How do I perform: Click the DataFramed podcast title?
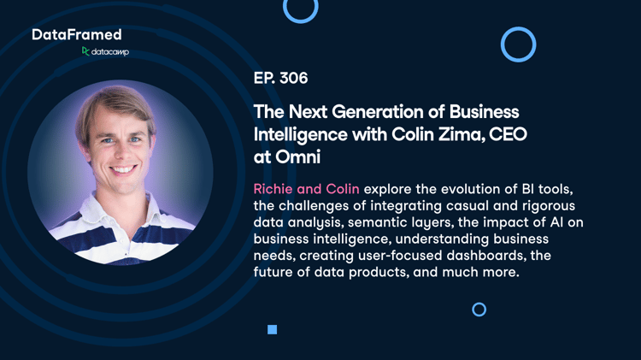tap(77, 35)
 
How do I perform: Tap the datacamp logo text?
tap(110, 52)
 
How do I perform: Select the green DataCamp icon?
tap(85, 51)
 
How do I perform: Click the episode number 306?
tap(293, 78)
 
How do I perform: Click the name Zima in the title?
tap(462, 134)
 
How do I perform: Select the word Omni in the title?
tap(297, 157)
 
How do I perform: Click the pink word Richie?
tap(273, 189)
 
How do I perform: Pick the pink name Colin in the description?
tap(343, 189)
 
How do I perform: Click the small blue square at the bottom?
tap(273, 330)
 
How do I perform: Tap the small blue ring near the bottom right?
tap(479, 304)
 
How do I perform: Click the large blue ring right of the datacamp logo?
tap(519, 28)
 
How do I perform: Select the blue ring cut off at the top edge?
tap(301, 21)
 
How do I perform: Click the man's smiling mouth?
tap(123, 169)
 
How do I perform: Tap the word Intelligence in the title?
tap(301, 134)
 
